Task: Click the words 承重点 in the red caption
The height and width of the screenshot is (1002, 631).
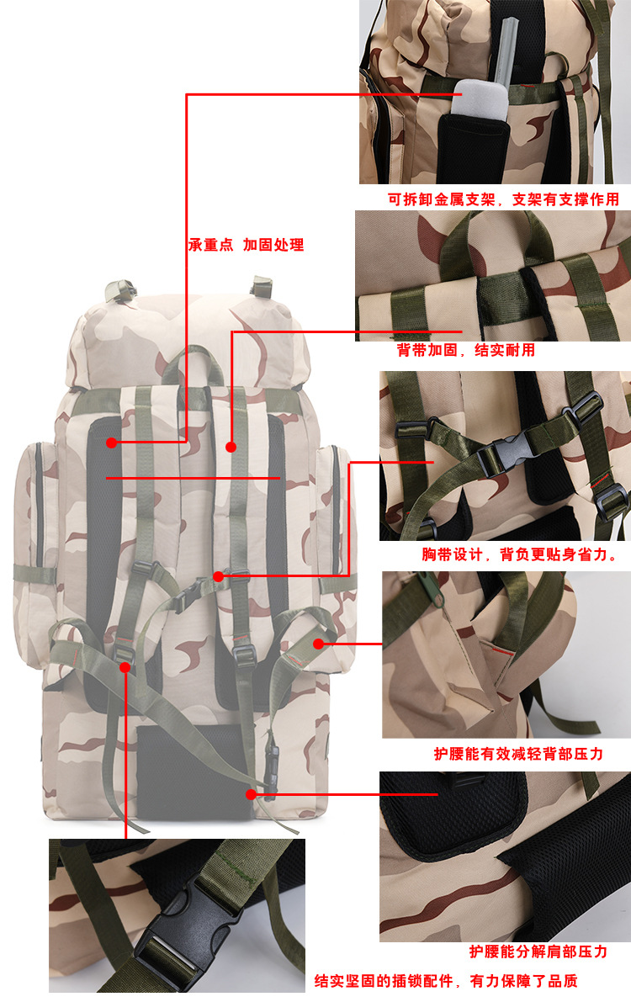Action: (210, 246)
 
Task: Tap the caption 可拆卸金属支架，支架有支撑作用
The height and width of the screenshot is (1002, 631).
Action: (503, 199)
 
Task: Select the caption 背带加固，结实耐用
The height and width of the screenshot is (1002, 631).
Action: (465, 350)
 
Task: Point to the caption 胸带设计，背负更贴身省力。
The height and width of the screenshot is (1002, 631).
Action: (519, 554)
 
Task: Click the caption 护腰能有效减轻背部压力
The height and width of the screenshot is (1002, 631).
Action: (518, 754)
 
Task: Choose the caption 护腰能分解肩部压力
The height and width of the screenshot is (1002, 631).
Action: (538, 952)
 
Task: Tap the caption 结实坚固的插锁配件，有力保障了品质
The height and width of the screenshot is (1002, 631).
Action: (446, 981)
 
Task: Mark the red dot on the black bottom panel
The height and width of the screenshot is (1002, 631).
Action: (251, 793)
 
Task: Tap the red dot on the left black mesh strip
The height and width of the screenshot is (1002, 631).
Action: (112, 442)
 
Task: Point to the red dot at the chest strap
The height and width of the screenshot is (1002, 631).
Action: (218, 576)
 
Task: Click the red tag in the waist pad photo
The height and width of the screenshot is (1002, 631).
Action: (502, 651)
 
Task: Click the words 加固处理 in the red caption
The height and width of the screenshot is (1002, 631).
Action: (273, 246)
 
